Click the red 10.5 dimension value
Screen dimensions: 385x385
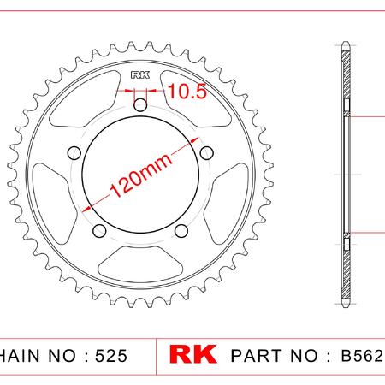187,92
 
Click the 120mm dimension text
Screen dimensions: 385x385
141,175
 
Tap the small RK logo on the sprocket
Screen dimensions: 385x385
140,75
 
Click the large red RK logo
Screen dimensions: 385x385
192,354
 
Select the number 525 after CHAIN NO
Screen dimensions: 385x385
111,356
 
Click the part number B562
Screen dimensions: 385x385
362,355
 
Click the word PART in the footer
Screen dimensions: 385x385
256,356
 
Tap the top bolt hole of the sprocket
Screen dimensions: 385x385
140,104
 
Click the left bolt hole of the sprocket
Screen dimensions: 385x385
74,153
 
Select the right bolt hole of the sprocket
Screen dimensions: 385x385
206,153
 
